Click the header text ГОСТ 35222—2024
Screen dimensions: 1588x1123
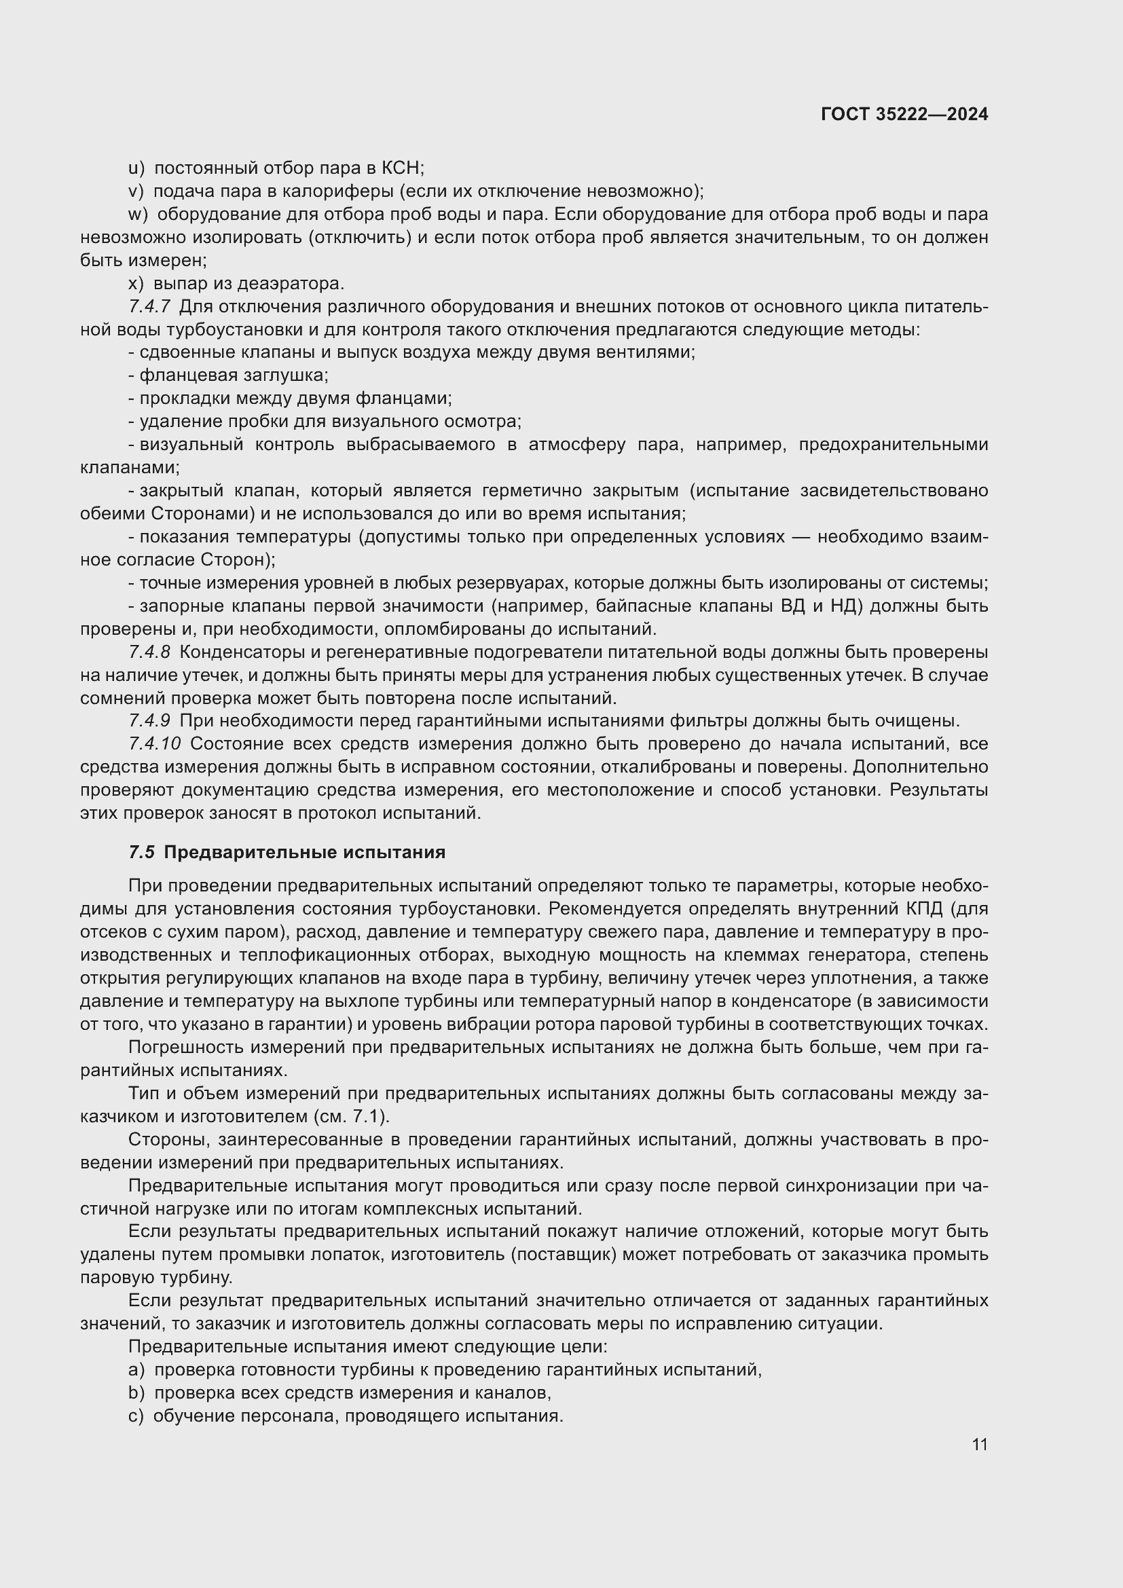904,114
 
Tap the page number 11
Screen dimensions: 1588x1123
979,1445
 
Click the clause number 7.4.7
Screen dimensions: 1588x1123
149,306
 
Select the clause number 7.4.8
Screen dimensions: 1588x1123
149,652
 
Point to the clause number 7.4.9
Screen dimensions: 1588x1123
149,721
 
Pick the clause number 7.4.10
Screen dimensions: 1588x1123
154,744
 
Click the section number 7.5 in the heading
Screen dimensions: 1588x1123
141,853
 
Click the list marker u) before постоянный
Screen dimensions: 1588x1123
136,168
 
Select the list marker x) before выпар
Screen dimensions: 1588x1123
136,284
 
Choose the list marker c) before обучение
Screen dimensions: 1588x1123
136,1416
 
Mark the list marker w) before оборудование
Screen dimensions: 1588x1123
138,215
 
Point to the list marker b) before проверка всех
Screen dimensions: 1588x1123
136,1393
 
